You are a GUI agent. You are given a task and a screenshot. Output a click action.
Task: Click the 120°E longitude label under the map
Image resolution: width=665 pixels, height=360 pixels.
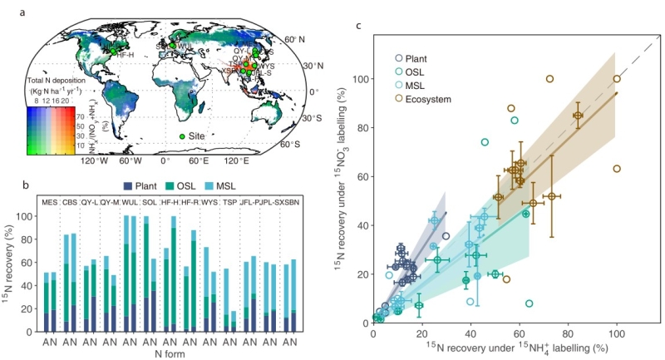237,160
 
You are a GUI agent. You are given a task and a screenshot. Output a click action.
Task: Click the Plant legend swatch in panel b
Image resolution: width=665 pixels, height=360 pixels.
127,186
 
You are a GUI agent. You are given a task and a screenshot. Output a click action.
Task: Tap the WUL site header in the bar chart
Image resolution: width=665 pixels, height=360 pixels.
131,203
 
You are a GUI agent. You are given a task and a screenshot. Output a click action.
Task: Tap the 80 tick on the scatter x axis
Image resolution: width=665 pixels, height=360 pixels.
568,333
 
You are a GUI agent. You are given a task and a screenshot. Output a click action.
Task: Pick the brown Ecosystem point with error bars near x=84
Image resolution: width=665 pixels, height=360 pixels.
578,116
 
